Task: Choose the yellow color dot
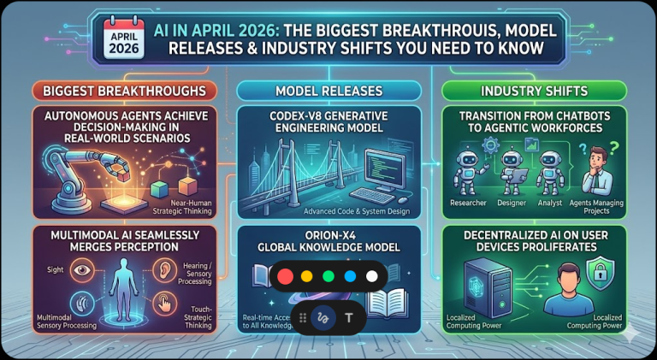coord(307,276)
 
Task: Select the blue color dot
coord(349,276)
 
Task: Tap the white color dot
coord(370,276)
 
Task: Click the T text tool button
coord(349,316)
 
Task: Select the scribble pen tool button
coord(323,316)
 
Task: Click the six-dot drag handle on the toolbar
coord(301,316)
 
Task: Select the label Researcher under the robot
coord(470,202)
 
